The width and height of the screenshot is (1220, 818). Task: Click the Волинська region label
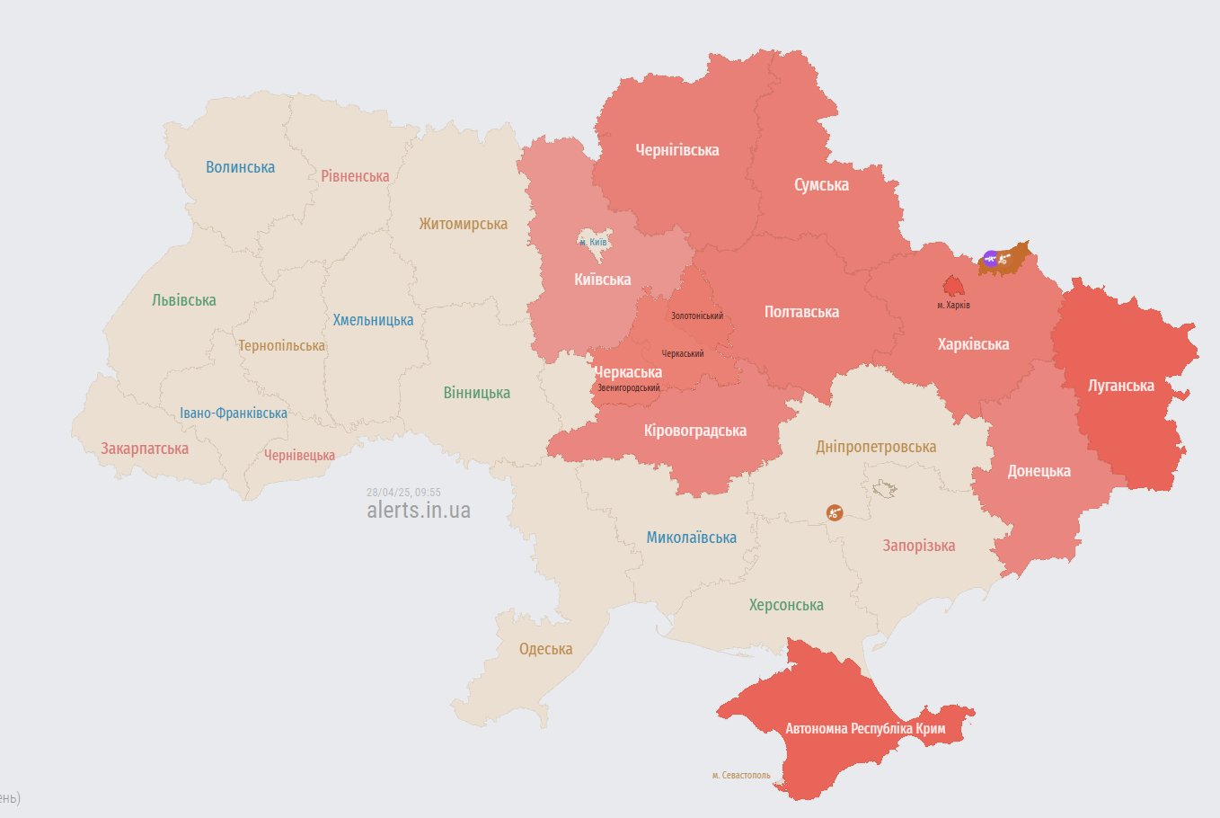click(240, 167)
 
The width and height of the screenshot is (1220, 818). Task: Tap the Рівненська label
click(355, 176)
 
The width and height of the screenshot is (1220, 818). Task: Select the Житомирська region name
click(463, 224)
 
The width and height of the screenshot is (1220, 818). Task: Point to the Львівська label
click(183, 300)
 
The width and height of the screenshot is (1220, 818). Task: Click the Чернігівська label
click(676, 150)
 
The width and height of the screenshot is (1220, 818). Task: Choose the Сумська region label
click(821, 185)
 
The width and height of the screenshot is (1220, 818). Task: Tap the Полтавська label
click(801, 312)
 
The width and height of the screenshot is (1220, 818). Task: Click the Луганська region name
click(1120, 386)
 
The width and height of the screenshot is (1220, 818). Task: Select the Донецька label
click(1039, 471)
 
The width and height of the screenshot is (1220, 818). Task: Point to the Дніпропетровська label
click(875, 447)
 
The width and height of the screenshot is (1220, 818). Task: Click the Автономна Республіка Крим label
click(865, 729)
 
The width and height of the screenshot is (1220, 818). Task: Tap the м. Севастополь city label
click(741, 775)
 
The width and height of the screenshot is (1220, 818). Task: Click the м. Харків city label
click(953, 306)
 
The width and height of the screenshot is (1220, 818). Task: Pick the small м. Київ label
click(593, 243)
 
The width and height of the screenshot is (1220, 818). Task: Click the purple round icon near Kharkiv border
click(990, 259)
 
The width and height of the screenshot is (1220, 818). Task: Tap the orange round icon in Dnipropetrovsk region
click(835, 513)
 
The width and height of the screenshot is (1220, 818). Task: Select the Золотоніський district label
click(696, 316)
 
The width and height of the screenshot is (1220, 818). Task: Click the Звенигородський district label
click(628, 388)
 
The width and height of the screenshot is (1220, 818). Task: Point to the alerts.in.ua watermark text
click(418, 511)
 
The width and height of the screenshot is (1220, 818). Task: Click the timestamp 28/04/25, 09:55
click(403, 493)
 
